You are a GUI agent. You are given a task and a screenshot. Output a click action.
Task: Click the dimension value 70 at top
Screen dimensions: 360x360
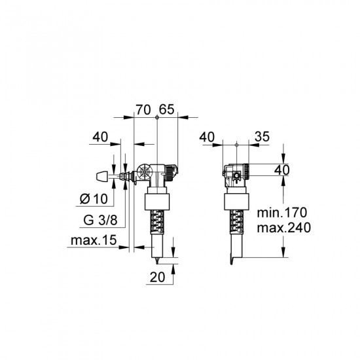pyautogui.click(x=143, y=109)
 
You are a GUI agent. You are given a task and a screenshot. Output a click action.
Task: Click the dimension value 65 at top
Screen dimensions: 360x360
pyautogui.click(x=167, y=109)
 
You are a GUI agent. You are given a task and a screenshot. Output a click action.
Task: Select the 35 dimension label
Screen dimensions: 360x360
pyautogui.click(x=262, y=137)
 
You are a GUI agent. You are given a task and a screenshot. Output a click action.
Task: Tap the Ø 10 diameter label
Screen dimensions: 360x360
pyautogui.click(x=94, y=198)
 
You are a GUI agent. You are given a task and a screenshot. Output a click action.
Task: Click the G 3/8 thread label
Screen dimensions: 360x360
pyautogui.click(x=100, y=220)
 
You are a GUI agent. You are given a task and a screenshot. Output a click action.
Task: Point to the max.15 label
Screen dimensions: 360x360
pyautogui.click(x=94, y=240)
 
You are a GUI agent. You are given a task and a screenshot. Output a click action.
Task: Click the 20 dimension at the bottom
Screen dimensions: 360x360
pyautogui.click(x=157, y=277)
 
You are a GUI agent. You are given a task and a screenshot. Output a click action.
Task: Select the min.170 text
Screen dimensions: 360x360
pyautogui.click(x=282, y=213)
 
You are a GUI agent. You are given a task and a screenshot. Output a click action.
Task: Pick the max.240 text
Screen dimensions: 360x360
pyautogui.click(x=284, y=228)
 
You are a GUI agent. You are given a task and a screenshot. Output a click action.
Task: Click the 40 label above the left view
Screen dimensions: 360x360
pyautogui.click(x=100, y=137)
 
